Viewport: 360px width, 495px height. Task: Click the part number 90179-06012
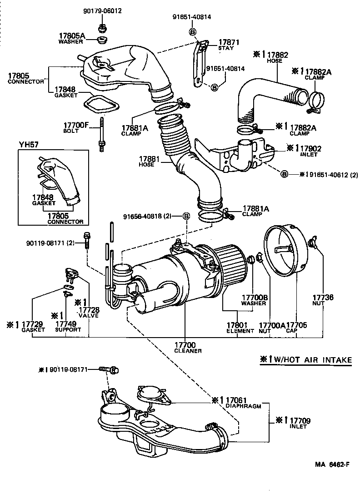102,10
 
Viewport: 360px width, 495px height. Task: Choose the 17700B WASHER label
254,300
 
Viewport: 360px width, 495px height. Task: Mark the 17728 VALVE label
88,312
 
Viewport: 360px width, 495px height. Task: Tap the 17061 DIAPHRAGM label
240,403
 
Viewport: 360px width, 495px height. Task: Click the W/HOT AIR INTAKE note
306,359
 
